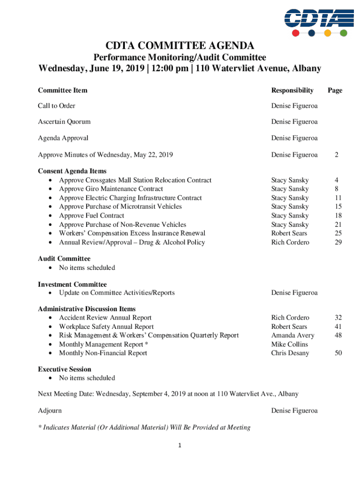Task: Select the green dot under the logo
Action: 343,33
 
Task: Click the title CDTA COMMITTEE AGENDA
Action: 180,45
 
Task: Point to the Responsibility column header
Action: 292,90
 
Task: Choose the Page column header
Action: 335,90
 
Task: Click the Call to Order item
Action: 57,106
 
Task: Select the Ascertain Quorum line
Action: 64,122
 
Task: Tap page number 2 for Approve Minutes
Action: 336,154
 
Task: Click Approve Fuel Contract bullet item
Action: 92,216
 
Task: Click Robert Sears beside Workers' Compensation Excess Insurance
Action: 289,233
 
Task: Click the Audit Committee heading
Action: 64,259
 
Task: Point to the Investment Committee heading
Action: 72,284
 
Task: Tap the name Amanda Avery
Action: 293,335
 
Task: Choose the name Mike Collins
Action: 290,344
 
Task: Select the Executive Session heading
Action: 65,369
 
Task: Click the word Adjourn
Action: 50,411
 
